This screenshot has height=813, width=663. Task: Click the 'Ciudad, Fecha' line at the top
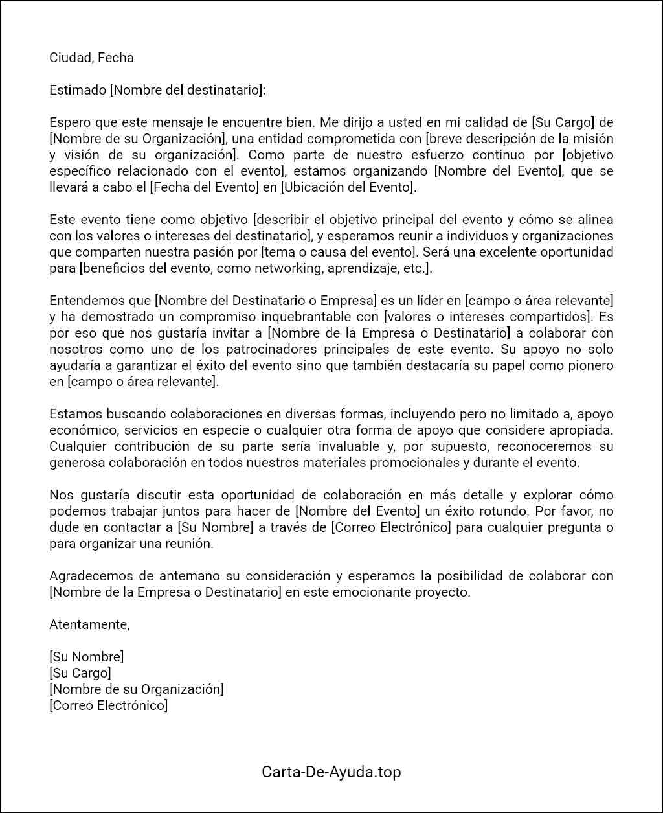(91, 58)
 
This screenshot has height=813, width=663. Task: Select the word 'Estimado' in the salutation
(77, 90)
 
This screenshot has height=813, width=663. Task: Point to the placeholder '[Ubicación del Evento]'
(347, 187)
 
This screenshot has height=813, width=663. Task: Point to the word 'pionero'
(589, 365)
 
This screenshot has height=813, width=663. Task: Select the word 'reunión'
(188, 544)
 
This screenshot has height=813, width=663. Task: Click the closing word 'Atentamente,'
(89, 624)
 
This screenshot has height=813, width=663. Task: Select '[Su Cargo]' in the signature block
(80, 673)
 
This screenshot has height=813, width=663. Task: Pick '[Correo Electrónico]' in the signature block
(108, 705)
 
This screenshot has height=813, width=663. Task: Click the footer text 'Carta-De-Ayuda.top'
(331, 772)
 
